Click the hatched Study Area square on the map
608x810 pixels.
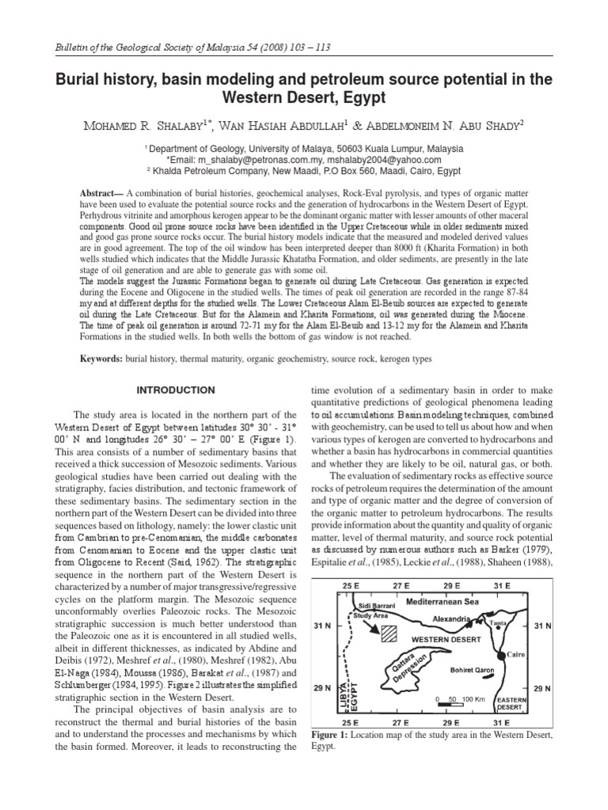click(x=389, y=634)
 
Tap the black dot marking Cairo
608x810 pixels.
click(x=500, y=656)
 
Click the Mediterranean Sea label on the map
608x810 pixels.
click(x=443, y=602)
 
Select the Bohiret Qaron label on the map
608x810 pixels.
click(x=472, y=670)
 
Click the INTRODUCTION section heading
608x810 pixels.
click(x=176, y=391)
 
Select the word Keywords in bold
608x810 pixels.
click(x=101, y=358)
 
